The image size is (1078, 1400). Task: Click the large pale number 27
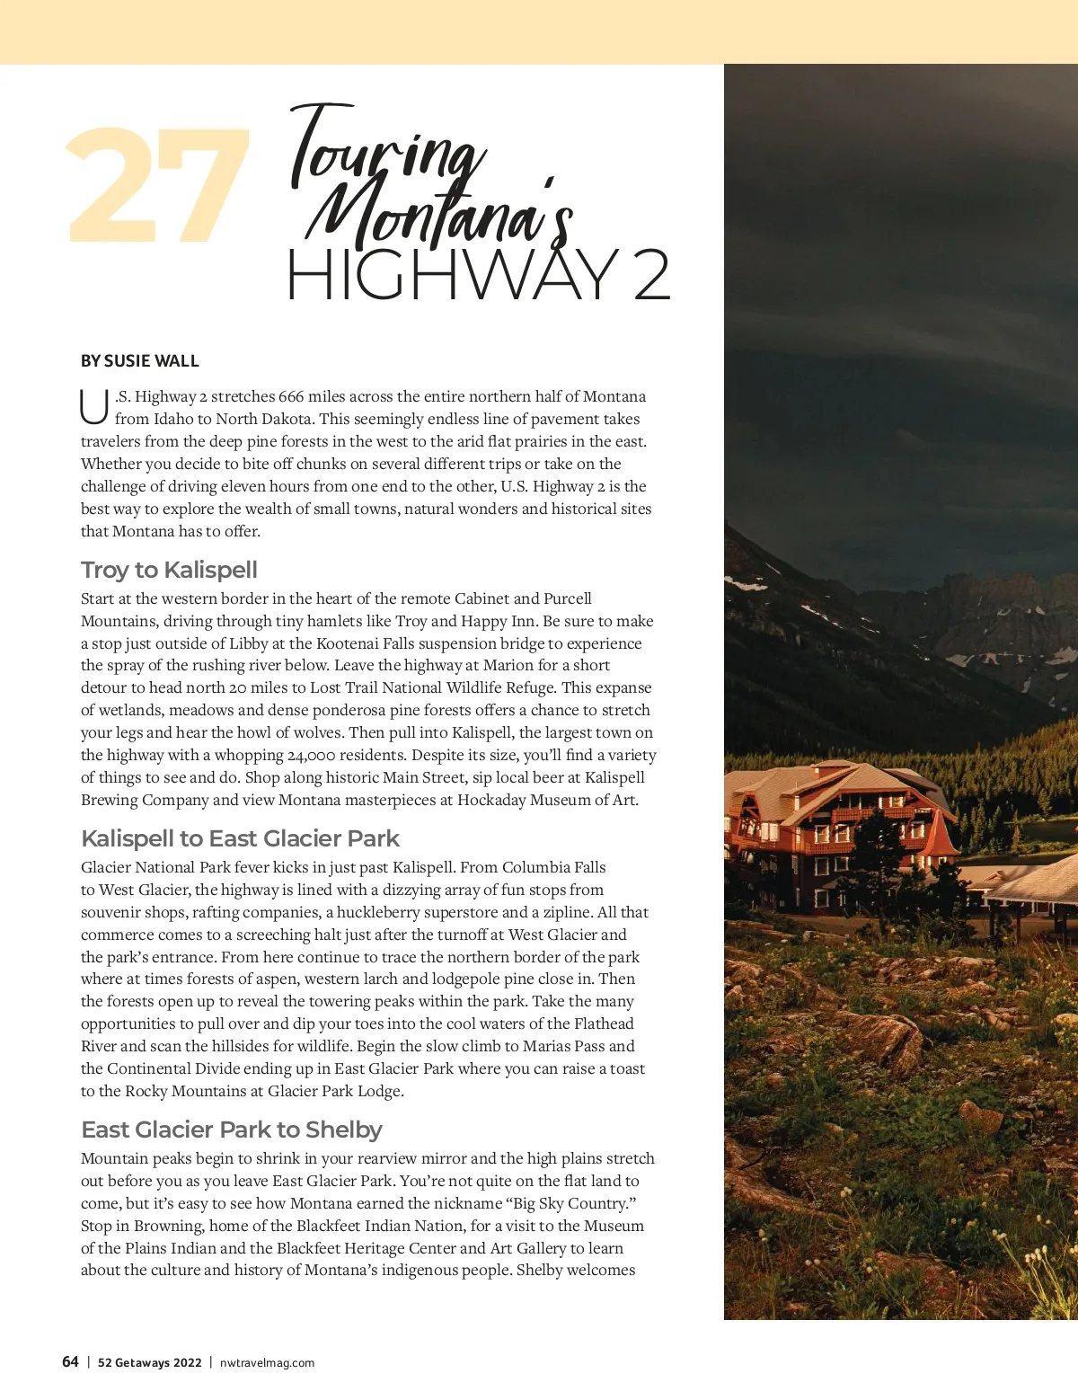(x=158, y=186)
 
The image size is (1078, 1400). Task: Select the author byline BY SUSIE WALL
(x=139, y=361)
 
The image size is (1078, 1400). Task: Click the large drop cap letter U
(x=93, y=406)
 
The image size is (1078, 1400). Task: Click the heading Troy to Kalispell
(x=169, y=570)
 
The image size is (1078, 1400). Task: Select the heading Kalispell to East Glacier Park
(x=240, y=838)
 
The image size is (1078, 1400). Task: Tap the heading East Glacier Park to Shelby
(x=231, y=1130)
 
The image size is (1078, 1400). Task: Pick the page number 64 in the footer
(x=70, y=1361)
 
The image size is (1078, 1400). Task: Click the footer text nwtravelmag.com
(x=267, y=1362)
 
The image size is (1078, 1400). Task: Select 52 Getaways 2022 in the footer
(x=149, y=1362)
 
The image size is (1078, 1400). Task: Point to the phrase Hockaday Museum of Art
(x=547, y=800)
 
